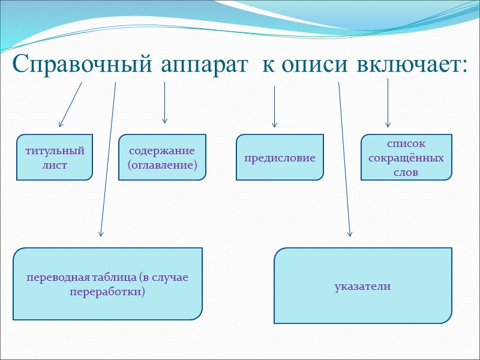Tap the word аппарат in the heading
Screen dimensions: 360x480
pyautogui.click(x=204, y=64)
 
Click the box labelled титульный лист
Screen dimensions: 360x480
pyautogui.click(x=55, y=157)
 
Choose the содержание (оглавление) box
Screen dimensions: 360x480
pyautogui.click(x=162, y=157)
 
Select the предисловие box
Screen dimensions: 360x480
pyautogui.click(x=280, y=158)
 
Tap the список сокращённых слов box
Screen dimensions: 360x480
pyautogui.click(x=406, y=158)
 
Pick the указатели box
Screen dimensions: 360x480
pyautogui.click(x=363, y=286)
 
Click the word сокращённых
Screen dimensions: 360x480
pyautogui.click(x=406, y=158)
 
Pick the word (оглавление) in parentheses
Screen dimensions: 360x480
pyautogui.click(x=162, y=164)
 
